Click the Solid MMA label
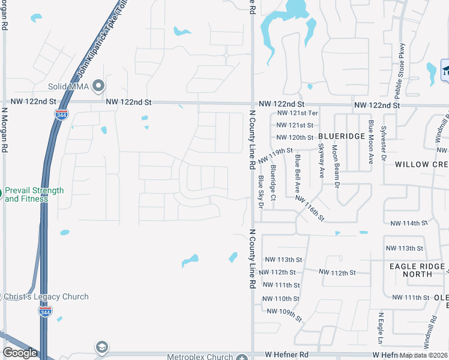[x=74, y=87]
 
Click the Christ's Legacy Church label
[x=45, y=296]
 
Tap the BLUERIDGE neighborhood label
[x=342, y=136]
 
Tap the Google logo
[x=20, y=353]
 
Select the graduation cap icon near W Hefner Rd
[x=101, y=347]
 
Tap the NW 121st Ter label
[x=297, y=113]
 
